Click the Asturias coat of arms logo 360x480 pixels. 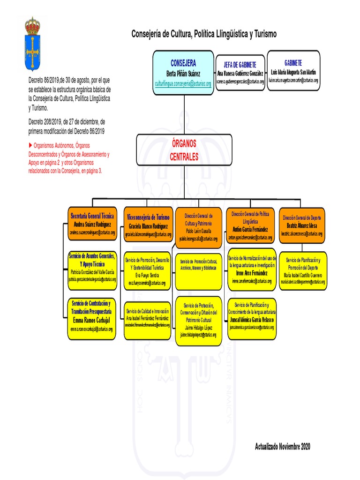tap(32, 43)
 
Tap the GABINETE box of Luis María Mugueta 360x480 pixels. tap(293, 70)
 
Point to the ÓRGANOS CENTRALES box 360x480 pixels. tap(184, 150)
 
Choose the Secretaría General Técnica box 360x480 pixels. tap(92, 223)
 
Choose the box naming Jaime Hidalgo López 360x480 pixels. tap(198, 321)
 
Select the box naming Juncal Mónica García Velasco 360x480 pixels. tap(252, 318)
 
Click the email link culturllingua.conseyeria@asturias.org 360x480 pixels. tap(183, 83)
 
